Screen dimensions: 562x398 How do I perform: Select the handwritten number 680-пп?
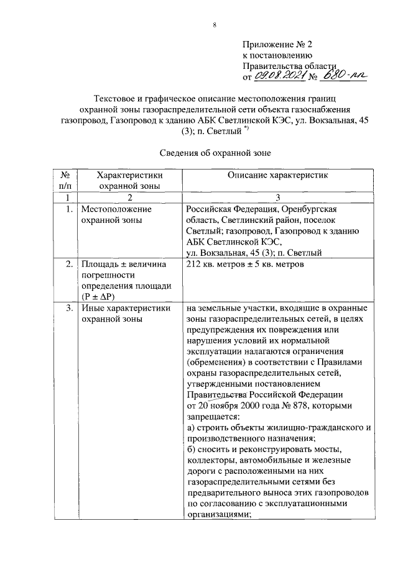click(x=344, y=76)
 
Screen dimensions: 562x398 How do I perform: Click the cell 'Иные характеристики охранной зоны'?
click(x=117, y=313)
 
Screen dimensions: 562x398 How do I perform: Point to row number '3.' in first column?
click(x=70, y=308)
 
